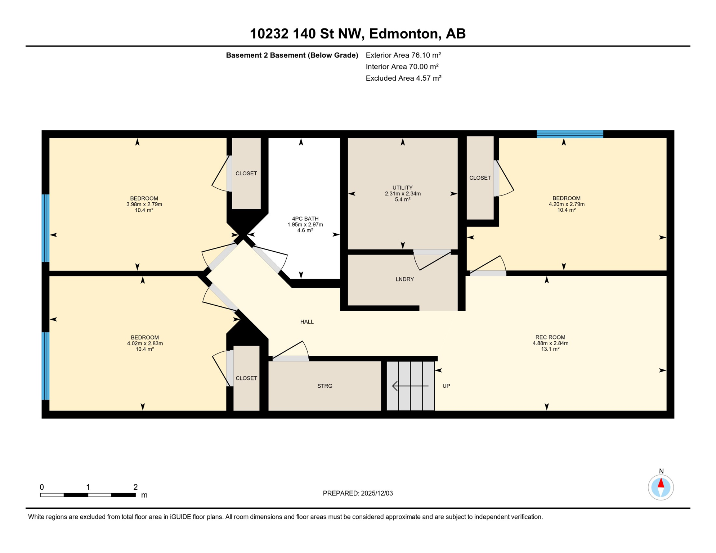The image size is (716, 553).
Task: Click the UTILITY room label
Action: pyautogui.click(x=402, y=188)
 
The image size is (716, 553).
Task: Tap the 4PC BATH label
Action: pyautogui.click(x=305, y=219)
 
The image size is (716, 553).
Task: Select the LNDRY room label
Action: pyautogui.click(x=404, y=279)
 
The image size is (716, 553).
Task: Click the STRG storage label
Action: pyautogui.click(x=325, y=386)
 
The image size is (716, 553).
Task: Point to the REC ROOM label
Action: pyautogui.click(x=550, y=337)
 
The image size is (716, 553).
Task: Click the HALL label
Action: pyautogui.click(x=307, y=322)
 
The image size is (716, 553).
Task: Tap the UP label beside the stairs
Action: pyautogui.click(x=446, y=386)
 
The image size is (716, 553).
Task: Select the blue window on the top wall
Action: pyautogui.click(x=569, y=134)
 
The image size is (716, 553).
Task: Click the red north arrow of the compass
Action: pyautogui.click(x=661, y=483)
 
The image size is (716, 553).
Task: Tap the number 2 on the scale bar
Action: pyautogui.click(x=135, y=487)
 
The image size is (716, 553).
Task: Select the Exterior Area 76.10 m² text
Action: pyautogui.click(x=403, y=55)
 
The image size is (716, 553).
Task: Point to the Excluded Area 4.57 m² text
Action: pyautogui.click(x=403, y=78)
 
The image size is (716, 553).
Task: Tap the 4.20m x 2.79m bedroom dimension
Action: pyautogui.click(x=566, y=204)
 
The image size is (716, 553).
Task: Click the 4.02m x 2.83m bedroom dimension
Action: pyautogui.click(x=145, y=343)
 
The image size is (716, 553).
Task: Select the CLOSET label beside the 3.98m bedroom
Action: pyautogui.click(x=246, y=174)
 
